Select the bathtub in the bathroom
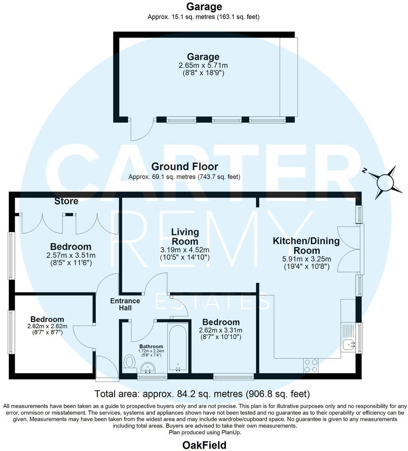pos(178,348)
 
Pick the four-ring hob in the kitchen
pos(311,365)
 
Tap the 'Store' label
pos(67,200)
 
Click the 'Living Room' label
pos(185,237)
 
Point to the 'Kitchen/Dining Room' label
pos(306,246)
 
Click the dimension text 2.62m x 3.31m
pos(220,331)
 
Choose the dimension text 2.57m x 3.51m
pos(71,255)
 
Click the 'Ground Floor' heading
pos(184,167)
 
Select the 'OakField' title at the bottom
pos(204,445)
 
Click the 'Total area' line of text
pos(202,393)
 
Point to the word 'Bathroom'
pos(151,346)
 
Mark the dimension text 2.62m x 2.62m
pos(47,326)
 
